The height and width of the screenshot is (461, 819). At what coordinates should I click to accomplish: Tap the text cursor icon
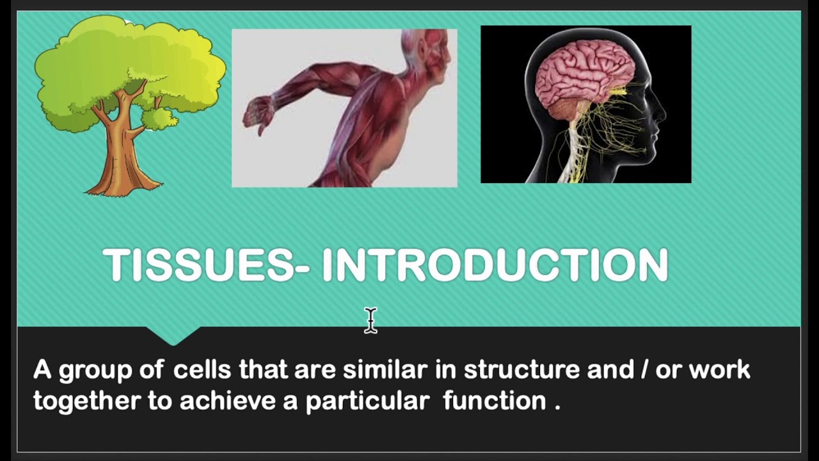tap(371, 320)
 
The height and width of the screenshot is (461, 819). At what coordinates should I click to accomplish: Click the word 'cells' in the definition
tap(203, 369)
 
